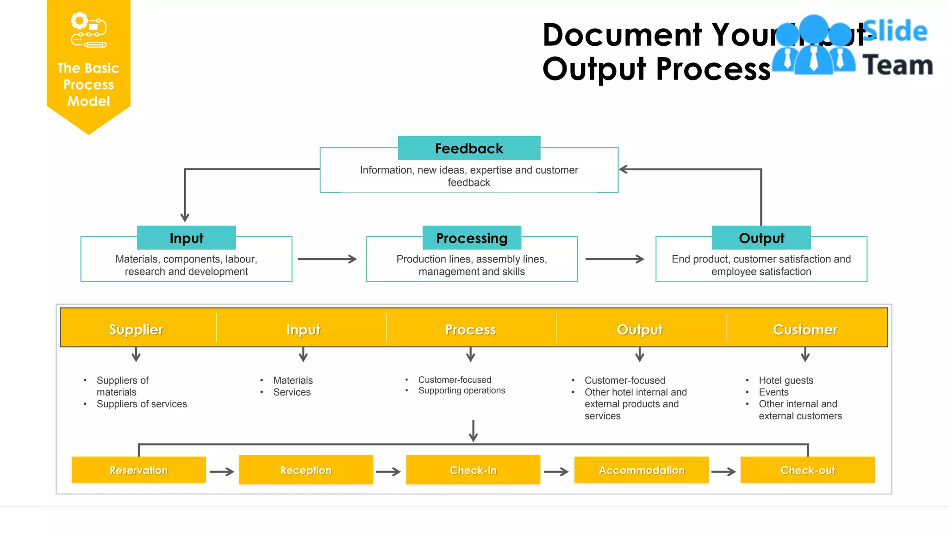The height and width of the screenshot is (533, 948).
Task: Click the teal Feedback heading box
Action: click(x=469, y=148)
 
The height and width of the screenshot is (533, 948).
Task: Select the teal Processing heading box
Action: click(x=472, y=238)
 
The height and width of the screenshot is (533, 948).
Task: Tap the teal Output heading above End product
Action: click(x=761, y=238)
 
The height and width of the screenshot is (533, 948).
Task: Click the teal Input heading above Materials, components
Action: click(x=186, y=238)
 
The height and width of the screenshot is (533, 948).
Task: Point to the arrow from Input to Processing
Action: click(x=327, y=259)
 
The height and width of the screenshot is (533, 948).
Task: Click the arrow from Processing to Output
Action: click(x=614, y=259)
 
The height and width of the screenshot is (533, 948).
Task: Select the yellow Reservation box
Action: click(x=138, y=470)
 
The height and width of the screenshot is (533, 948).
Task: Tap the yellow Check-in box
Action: click(x=473, y=470)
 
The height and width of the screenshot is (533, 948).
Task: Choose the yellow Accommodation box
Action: click(x=641, y=470)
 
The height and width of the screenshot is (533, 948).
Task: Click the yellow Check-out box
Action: click(x=807, y=470)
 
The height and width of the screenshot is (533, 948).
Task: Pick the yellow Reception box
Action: click(x=306, y=470)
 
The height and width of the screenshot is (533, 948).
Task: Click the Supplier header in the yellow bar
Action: click(x=136, y=329)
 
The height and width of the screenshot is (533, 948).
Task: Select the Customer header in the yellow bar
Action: click(x=805, y=329)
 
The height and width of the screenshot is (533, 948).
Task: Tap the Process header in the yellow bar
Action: click(x=470, y=329)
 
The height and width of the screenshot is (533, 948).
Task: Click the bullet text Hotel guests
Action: click(x=786, y=380)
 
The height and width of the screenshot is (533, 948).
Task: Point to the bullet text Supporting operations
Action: click(x=462, y=390)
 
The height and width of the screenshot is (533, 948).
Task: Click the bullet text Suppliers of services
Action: click(x=142, y=404)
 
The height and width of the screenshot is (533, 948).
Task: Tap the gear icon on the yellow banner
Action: click(x=80, y=21)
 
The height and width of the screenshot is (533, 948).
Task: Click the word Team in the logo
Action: click(x=897, y=65)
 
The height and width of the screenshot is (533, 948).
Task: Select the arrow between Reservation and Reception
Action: click(x=222, y=471)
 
